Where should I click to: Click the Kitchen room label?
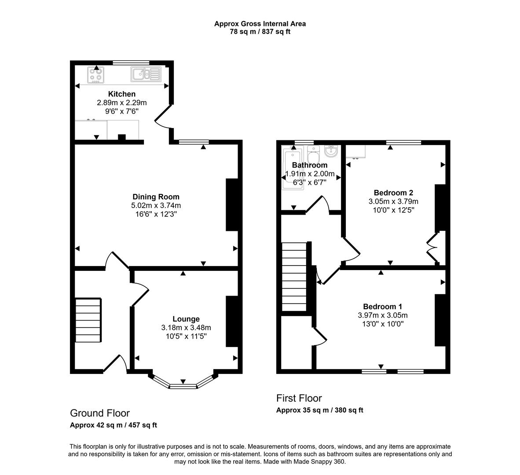(x=122, y=94)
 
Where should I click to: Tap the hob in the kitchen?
(x=96, y=75)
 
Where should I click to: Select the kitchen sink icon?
(x=146, y=74)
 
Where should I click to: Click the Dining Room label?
(x=156, y=197)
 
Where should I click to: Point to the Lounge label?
(x=186, y=319)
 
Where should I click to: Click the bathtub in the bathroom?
(x=293, y=168)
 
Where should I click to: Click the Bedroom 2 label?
(x=393, y=193)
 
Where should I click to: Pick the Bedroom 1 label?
(x=382, y=307)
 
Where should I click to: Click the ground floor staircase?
(x=88, y=320)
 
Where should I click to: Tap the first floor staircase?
(x=294, y=277)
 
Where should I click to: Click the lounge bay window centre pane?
(x=183, y=386)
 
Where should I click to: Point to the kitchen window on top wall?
(x=131, y=62)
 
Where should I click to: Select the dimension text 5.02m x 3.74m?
(x=156, y=205)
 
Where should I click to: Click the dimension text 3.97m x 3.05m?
(x=381, y=315)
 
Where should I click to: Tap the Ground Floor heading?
(x=100, y=413)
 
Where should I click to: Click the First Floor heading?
(x=299, y=398)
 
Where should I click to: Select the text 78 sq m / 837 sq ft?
(x=260, y=32)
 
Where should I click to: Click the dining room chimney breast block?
(x=232, y=205)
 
